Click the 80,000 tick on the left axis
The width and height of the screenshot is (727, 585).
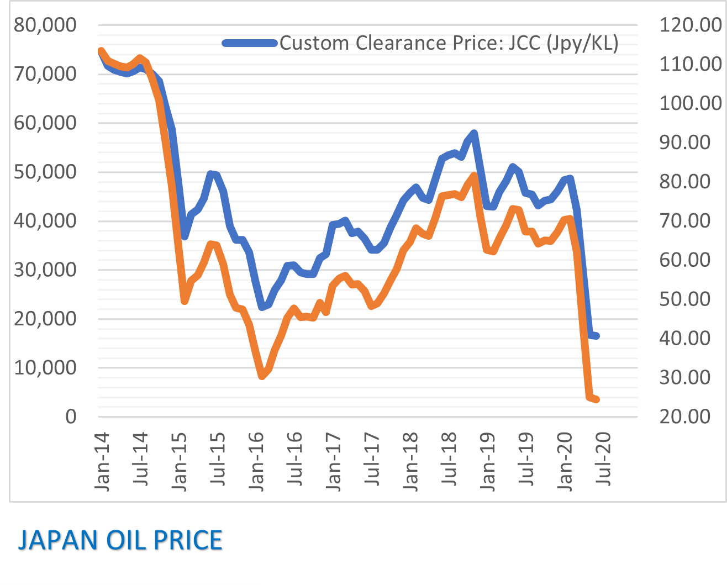click(45, 25)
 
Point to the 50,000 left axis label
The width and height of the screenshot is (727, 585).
click(45, 172)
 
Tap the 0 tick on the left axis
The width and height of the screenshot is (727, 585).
click(71, 417)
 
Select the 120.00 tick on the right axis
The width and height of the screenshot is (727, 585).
click(690, 25)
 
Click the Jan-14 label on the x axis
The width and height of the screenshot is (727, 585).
click(102, 461)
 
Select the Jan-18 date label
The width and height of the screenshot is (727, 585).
click(412, 461)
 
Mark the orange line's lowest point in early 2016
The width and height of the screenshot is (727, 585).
click(262, 377)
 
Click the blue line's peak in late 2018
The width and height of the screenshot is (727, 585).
click(474, 133)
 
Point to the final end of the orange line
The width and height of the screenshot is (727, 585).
click(597, 399)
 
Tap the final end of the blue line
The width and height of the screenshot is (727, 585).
click(597, 336)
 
